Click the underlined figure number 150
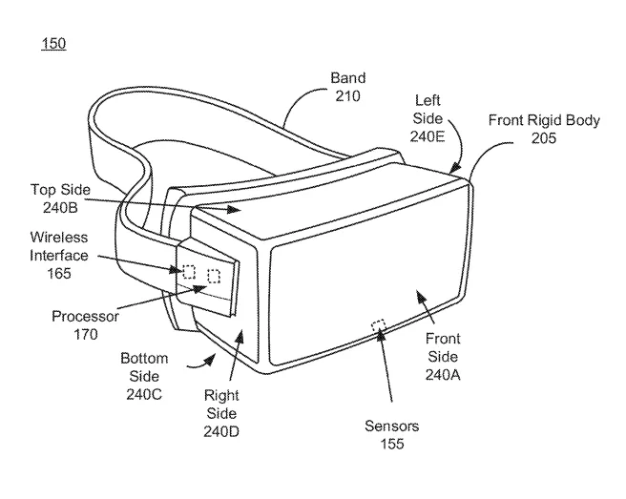coord(53,43)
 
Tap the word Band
coord(347,78)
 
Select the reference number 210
coord(347,96)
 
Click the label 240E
coord(428,137)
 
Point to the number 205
coord(544,138)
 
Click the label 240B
coord(60,208)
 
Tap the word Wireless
coord(59,238)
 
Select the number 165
coord(59,274)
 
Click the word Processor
coord(86,317)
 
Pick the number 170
coord(86,335)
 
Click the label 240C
coord(144,394)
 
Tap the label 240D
coord(221,431)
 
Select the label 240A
coord(443,375)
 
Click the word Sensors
coord(391,426)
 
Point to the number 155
coord(391,444)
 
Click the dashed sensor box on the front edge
coord(379,325)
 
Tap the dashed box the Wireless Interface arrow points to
coord(189,272)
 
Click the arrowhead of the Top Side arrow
coord(234,209)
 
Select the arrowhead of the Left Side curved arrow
coord(455,167)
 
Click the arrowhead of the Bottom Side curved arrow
coord(209,360)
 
